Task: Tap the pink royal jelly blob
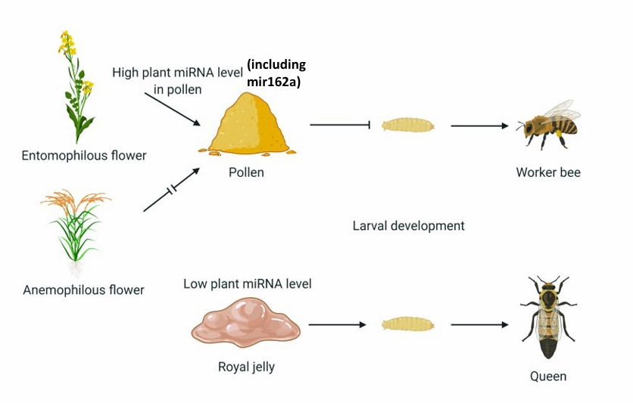coord(245,324)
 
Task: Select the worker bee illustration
coord(547,126)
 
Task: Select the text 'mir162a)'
coord(273,81)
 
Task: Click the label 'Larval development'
coord(408,225)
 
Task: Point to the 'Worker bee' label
coord(548,172)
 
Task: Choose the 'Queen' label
coord(548,376)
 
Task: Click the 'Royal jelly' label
coord(246,367)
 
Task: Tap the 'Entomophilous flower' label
coord(84,156)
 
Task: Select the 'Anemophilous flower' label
coord(83,290)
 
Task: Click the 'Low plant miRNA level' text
coord(248,284)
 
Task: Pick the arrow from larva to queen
coord(479,325)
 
